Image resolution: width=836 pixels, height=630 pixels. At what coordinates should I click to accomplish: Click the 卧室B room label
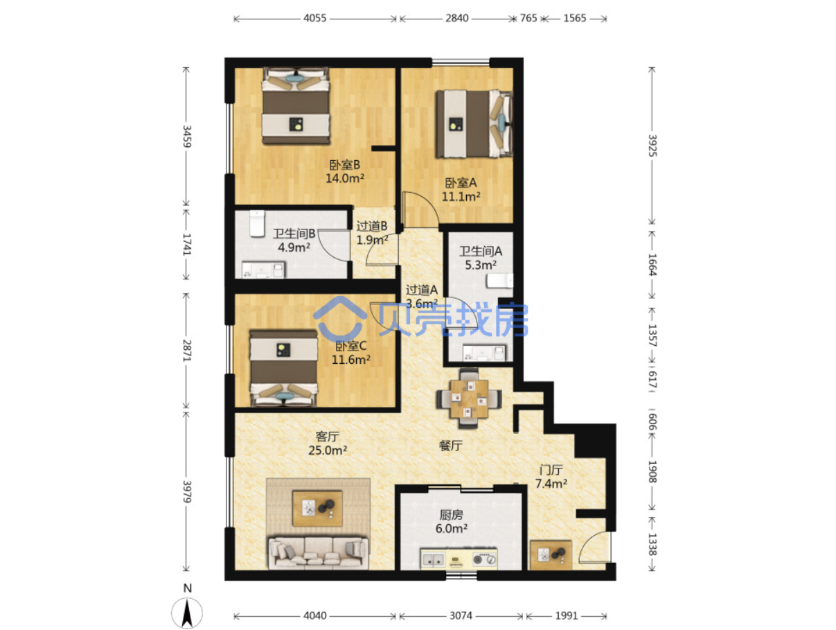pyautogui.click(x=344, y=165)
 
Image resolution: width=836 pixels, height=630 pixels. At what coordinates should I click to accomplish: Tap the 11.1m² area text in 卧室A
pyautogui.click(x=461, y=197)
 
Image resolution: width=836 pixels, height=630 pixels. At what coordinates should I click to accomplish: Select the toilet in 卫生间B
pyautogui.click(x=257, y=223)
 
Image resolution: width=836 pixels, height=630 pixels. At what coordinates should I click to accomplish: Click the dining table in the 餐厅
pyautogui.click(x=468, y=399)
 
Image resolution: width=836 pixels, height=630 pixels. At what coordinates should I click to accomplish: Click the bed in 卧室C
pyautogui.click(x=283, y=369)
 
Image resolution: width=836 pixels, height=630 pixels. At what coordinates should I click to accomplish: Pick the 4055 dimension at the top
pyautogui.click(x=314, y=18)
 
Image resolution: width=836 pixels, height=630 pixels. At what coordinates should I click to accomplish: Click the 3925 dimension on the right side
pyautogui.click(x=652, y=146)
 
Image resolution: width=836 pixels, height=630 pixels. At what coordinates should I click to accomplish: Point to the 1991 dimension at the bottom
pyautogui.click(x=567, y=616)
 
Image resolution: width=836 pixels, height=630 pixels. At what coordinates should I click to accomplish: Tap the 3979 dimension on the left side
pyautogui.click(x=186, y=491)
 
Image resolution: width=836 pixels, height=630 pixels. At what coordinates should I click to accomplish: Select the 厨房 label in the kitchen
pyautogui.click(x=452, y=515)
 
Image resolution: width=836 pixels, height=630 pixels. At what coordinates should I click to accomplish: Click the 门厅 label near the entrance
pyautogui.click(x=551, y=470)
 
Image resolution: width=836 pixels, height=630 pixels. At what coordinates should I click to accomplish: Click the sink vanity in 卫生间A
pyautogui.click(x=484, y=353)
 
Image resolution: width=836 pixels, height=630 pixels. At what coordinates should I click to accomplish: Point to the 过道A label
pyautogui.click(x=422, y=290)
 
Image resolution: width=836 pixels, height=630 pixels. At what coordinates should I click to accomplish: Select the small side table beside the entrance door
pyautogui.click(x=551, y=555)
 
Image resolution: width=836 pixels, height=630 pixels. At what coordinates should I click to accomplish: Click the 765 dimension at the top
pyautogui.click(x=528, y=18)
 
